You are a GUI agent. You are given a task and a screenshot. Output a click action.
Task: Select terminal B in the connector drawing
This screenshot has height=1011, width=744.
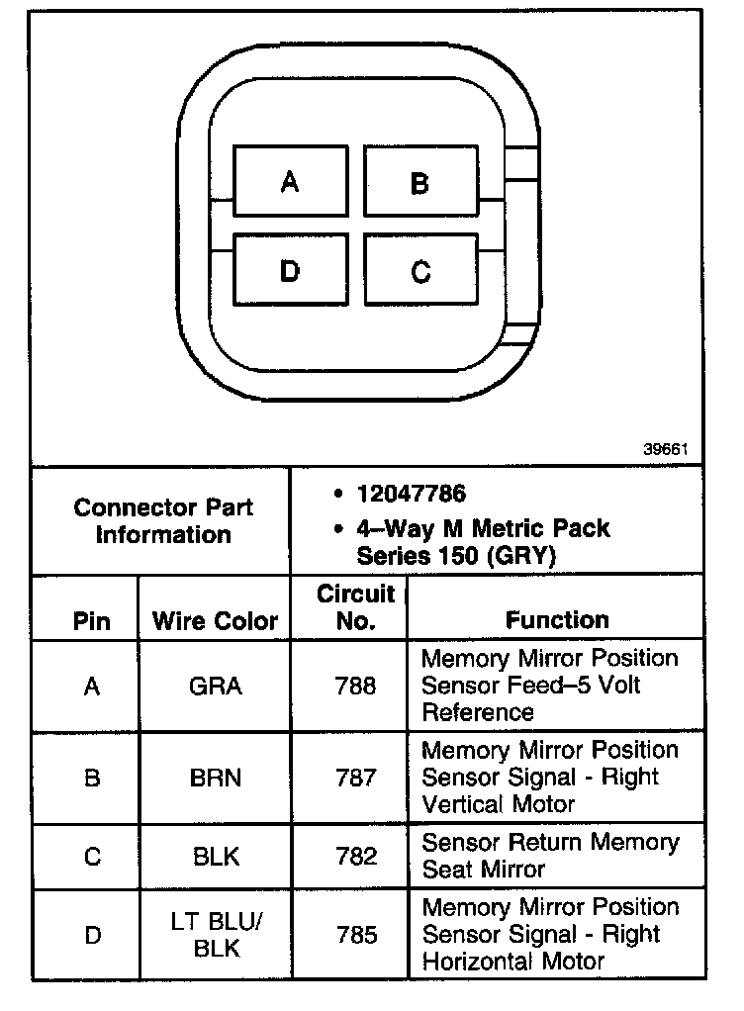[420, 182]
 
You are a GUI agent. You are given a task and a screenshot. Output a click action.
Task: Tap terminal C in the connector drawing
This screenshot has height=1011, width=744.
[420, 270]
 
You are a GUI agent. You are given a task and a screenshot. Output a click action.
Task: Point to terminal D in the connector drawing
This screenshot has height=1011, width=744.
[290, 270]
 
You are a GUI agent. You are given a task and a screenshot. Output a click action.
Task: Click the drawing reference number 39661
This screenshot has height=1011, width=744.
[666, 448]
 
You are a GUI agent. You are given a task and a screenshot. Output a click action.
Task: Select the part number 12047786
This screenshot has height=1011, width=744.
[412, 494]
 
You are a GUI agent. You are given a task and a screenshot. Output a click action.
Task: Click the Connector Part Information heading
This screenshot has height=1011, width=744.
[163, 521]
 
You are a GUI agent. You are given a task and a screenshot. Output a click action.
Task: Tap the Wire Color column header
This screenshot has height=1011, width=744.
[216, 621]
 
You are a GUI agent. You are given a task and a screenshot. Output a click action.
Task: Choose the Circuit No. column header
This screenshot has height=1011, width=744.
[355, 607]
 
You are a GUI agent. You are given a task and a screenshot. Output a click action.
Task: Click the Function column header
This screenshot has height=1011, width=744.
[557, 620]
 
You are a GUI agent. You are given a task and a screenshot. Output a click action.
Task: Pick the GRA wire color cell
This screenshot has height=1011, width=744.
[216, 686]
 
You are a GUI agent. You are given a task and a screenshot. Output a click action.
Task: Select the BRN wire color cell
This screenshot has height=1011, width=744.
[216, 778]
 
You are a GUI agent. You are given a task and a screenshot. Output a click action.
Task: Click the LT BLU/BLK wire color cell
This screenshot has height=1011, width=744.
[216, 934]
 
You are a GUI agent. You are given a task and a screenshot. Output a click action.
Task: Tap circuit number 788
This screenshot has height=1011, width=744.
[355, 686]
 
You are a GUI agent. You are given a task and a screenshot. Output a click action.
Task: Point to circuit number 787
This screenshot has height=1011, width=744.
[355, 778]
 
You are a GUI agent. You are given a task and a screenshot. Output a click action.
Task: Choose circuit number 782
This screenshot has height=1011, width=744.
[355, 856]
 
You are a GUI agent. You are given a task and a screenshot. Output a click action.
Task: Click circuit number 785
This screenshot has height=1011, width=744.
[355, 934]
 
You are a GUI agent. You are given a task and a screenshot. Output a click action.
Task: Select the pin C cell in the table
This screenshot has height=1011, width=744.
[92, 856]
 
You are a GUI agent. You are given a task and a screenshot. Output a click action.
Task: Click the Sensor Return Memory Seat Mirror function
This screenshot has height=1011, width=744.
[550, 856]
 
